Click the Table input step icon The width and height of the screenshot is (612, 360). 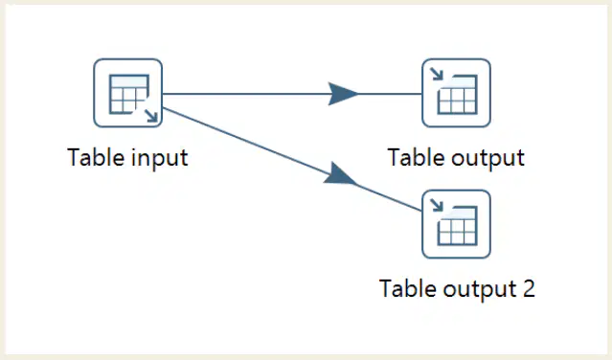point(128,93)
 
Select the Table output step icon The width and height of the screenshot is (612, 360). point(456,93)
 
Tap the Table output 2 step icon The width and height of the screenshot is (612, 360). point(456,224)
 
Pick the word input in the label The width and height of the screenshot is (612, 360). point(160,159)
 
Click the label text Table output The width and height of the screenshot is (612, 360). point(456,158)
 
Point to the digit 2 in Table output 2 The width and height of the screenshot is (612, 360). point(528,289)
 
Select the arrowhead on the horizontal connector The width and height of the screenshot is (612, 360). point(342,94)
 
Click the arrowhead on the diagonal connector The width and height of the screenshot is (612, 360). point(339,174)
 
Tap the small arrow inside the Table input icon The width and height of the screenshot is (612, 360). point(151,116)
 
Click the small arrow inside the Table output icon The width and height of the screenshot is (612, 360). point(437,74)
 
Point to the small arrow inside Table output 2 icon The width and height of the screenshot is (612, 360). point(437,205)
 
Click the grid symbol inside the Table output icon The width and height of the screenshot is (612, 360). point(458,95)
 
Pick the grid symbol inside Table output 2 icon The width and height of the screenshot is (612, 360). point(458,226)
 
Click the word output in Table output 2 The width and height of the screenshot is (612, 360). point(480,290)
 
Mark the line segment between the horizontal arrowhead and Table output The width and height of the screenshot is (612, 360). point(390,94)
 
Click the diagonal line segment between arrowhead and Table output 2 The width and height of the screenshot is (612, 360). point(389,197)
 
